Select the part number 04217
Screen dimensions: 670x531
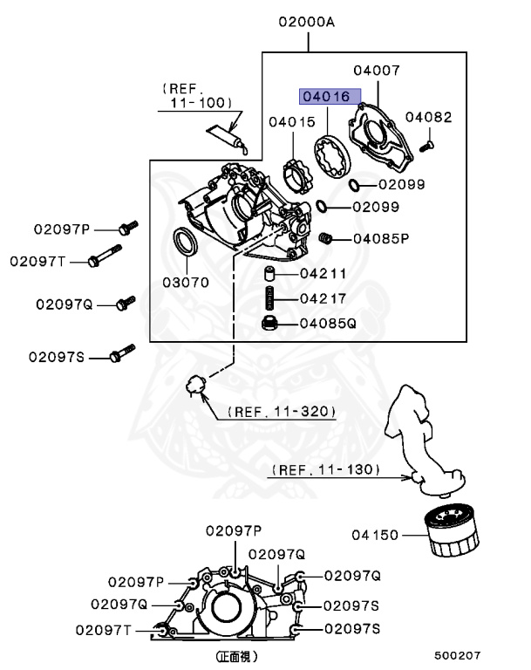[323, 298]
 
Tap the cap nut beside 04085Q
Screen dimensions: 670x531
[271, 325]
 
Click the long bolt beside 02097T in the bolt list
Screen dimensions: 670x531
[105, 260]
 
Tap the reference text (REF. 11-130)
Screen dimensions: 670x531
[325, 469]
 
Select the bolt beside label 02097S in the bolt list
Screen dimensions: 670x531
[120, 356]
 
